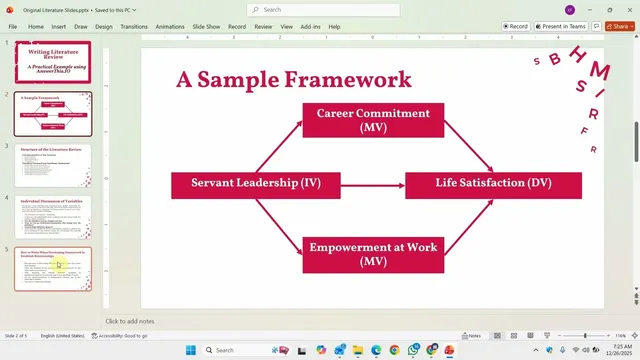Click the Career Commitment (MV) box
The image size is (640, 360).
[x=373, y=120]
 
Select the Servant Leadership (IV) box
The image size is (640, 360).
[x=256, y=185]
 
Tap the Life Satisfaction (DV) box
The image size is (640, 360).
[x=493, y=185]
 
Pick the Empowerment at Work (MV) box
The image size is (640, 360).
[x=373, y=254]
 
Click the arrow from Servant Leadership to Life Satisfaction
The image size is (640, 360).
[x=372, y=185]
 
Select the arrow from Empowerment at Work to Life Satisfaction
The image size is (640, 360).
[x=467, y=225]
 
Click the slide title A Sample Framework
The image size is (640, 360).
[x=294, y=80]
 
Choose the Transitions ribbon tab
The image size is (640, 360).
[x=133, y=27]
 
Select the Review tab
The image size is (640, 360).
[x=263, y=27]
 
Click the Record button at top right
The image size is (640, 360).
[x=516, y=27]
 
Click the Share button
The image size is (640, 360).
[x=618, y=27]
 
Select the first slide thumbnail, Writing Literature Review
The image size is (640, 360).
[x=53, y=62]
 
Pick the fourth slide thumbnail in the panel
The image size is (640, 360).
[x=53, y=217]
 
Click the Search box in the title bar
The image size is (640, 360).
[x=320, y=10]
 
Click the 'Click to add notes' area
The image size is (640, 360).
[x=130, y=321]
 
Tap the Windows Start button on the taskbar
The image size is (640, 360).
[x=192, y=350]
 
